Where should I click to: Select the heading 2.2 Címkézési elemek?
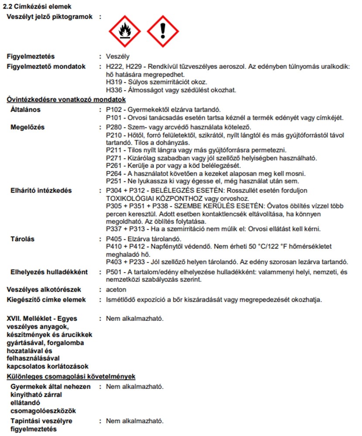[37, 7]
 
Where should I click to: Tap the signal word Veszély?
[118, 57]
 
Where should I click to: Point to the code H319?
[115, 82]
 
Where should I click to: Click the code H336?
[115, 90]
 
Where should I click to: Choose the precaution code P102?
[115, 109]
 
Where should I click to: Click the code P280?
[115, 127]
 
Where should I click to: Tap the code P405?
[115, 239]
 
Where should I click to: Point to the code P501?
[115, 272]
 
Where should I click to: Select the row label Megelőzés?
[27, 127]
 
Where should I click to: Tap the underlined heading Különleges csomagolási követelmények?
[71, 376]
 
